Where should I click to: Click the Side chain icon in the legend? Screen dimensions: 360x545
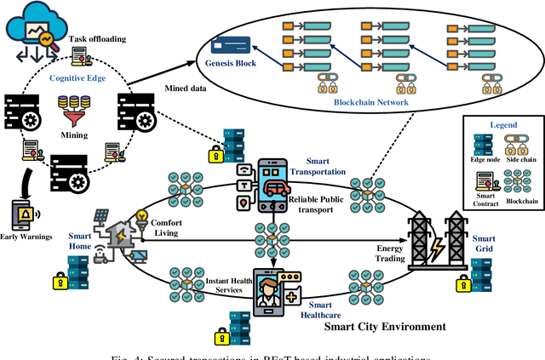click(517, 145)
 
